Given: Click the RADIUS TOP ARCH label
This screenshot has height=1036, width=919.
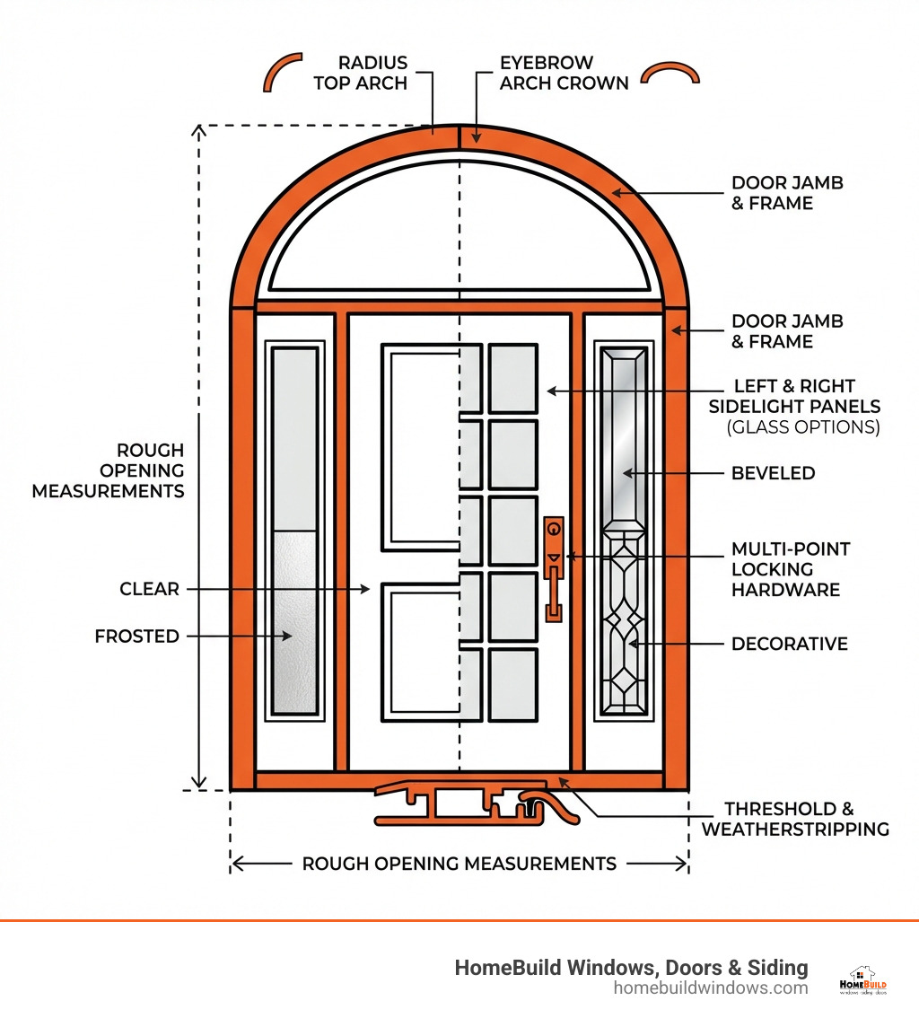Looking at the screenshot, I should pos(372,73).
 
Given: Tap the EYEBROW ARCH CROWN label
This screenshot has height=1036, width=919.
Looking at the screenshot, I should pos(564,73).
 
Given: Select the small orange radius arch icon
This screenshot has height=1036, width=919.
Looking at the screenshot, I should pos(282,72).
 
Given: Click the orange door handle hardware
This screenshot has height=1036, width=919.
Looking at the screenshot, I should pos(554,569).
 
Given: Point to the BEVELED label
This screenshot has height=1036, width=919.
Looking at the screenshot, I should pos(773,473).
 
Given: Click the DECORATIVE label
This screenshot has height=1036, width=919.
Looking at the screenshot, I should pos(789,644).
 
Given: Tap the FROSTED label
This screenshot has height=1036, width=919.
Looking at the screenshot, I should pos(136,637).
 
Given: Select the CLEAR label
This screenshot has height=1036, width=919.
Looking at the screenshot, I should pos(149,589).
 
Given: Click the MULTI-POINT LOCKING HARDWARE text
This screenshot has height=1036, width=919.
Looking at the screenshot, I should pos(790,569).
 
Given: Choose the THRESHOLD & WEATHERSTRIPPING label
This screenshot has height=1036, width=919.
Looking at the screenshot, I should pos(795,819).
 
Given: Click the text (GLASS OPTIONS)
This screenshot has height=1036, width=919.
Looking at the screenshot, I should pos(802,427).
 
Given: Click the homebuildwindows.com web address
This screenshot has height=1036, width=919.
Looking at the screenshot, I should pos(710,988).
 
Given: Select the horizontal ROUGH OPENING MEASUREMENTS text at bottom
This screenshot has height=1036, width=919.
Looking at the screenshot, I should pos(459,864).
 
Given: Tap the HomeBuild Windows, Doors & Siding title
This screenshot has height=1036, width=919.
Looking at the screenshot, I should pos(631,967).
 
